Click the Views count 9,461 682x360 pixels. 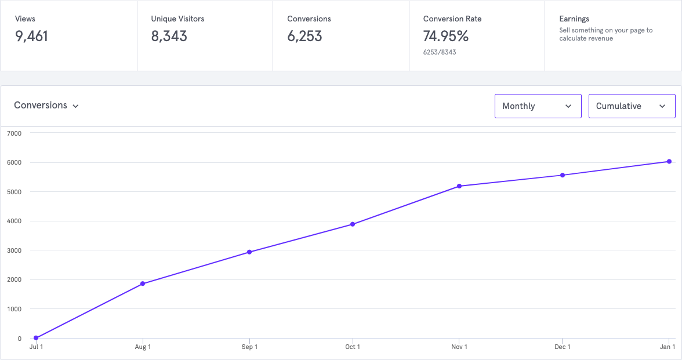(32, 37)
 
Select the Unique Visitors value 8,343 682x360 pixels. (169, 37)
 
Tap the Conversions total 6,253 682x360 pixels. (304, 37)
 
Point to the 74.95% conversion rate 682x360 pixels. (445, 37)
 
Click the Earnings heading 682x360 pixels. (574, 19)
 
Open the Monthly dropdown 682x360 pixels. (538, 106)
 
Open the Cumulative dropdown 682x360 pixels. (632, 106)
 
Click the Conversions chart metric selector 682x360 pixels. (46, 106)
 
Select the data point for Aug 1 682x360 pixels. (143, 283)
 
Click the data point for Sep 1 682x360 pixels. (249, 252)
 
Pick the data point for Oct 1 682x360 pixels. (353, 224)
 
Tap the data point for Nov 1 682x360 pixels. (459, 186)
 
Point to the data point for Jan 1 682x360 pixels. (669, 162)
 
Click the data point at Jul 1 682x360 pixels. (36, 338)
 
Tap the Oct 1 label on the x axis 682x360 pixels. (353, 347)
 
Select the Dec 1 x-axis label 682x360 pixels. (563, 347)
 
